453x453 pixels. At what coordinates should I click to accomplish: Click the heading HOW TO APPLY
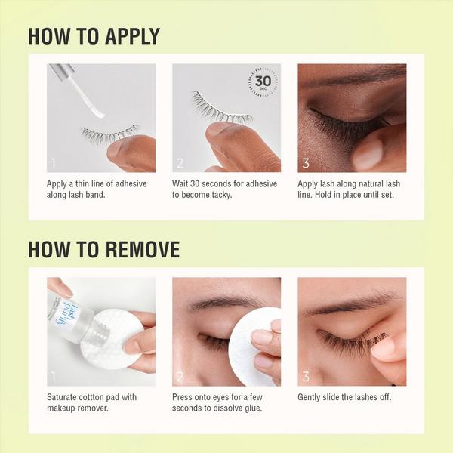[x=94, y=35]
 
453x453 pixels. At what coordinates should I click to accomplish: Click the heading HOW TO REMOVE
[x=103, y=249]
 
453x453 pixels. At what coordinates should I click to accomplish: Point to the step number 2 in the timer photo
[x=180, y=162]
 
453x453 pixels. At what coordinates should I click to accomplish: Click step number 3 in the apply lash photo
[x=305, y=162]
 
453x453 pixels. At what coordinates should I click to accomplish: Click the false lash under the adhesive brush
[x=109, y=134]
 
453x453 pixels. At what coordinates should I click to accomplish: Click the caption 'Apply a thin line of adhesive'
[x=97, y=183]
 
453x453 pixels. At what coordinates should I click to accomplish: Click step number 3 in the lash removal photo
[x=305, y=376]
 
